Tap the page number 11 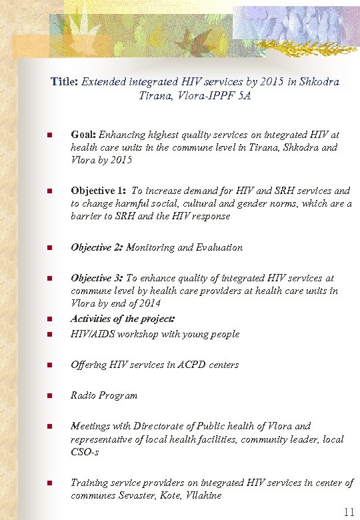(x=348, y=512)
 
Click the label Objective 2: (x=97, y=247)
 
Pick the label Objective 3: (x=97, y=278)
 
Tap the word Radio (x=83, y=395)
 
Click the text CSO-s (x=85, y=453)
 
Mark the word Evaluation (x=219, y=247)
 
